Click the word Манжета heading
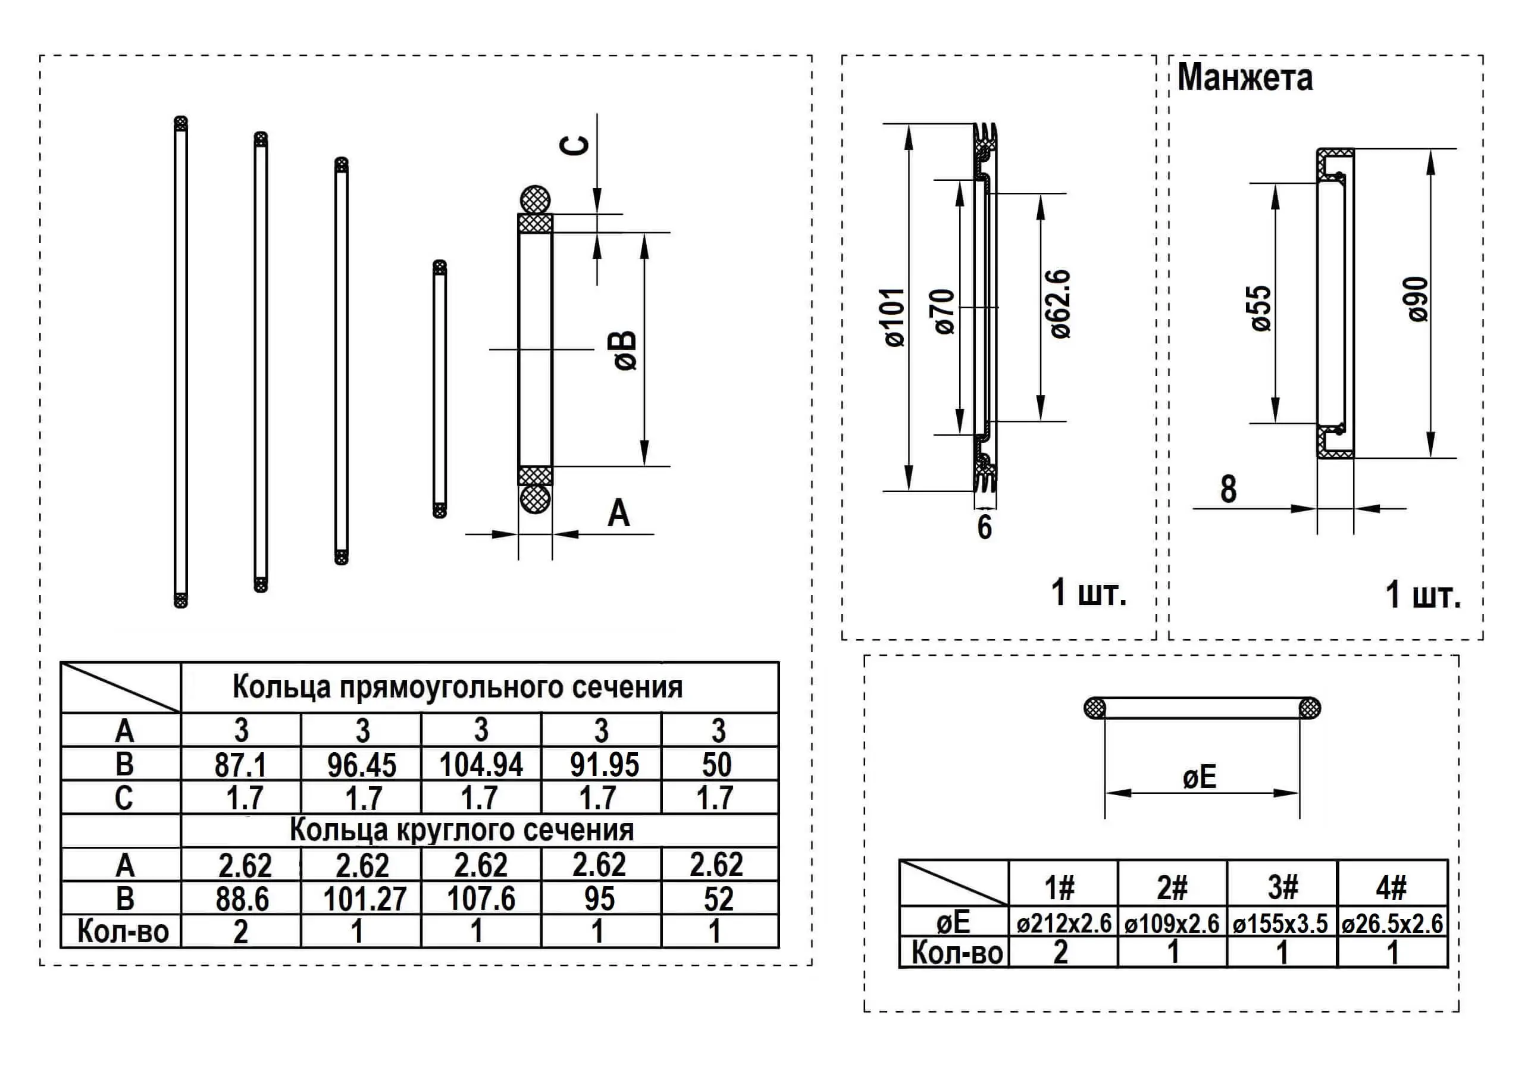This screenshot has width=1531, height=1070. (1245, 77)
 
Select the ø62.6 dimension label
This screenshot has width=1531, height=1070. (1060, 304)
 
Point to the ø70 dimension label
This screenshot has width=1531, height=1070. (945, 311)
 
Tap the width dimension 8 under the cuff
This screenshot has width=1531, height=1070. (1228, 489)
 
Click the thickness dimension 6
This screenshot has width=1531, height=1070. (985, 528)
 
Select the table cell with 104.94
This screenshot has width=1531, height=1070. (481, 765)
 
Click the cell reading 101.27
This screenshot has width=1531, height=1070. (365, 899)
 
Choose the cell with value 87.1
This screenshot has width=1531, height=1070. (241, 765)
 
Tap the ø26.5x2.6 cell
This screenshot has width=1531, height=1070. (1392, 924)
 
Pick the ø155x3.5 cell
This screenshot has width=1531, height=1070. (1281, 924)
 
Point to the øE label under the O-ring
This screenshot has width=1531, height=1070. (1200, 778)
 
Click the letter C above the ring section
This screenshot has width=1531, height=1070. (578, 145)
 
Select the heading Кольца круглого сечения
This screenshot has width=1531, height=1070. (461, 830)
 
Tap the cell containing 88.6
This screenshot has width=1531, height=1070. (242, 899)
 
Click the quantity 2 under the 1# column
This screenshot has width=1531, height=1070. (1061, 952)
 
